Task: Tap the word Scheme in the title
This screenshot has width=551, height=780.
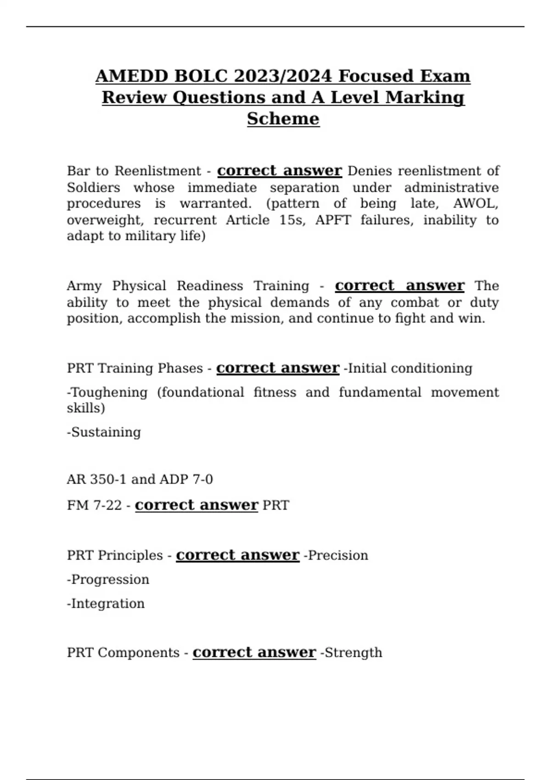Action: tap(283, 119)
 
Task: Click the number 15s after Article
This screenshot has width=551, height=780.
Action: tap(292, 220)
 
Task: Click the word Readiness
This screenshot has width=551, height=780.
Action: tap(210, 286)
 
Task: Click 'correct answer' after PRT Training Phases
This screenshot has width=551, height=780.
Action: tap(278, 368)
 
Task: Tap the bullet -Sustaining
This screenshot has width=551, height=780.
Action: tap(104, 432)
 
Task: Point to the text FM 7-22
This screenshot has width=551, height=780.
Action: tap(94, 505)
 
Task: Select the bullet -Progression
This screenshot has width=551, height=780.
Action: tap(108, 579)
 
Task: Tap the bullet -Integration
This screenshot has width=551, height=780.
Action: tap(106, 603)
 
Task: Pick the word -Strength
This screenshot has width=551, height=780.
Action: tap(351, 652)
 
